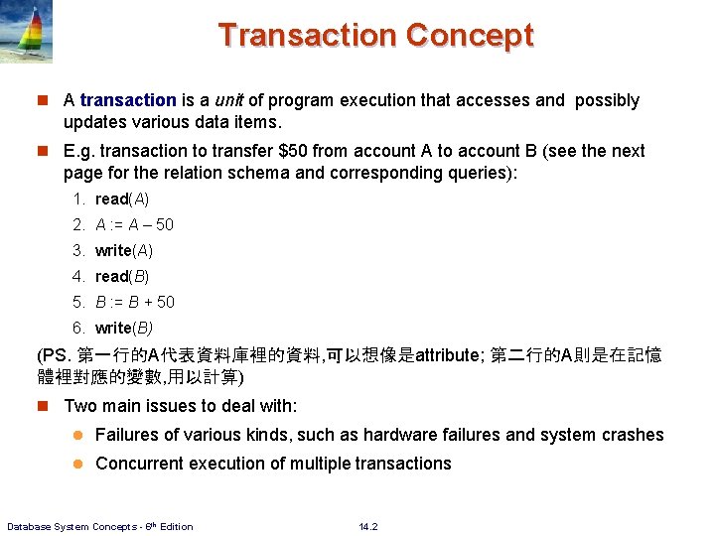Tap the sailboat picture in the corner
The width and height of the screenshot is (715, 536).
coord(27,32)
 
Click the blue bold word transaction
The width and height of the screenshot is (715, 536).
coord(128,100)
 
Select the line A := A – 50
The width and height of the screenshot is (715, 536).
coord(134,224)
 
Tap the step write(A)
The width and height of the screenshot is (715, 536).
coord(124,250)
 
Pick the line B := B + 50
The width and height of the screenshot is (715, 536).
coord(134,302)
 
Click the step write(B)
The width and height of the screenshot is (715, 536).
coord(124,328)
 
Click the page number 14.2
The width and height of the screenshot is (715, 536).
coord(368,526)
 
